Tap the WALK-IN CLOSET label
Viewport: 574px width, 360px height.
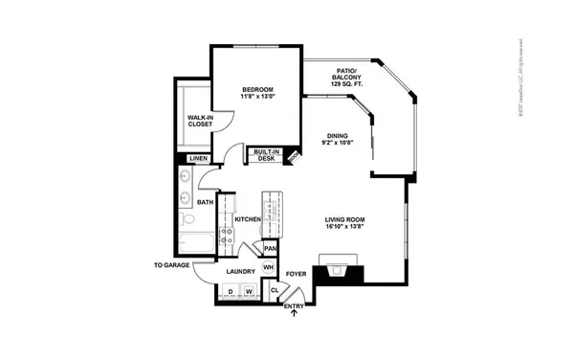(x=199, y=120)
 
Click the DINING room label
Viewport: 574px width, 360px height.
(x=336, y=135)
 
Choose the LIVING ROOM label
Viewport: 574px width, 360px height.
(x=345, y=219)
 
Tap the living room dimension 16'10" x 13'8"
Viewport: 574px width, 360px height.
(x=345, y=229)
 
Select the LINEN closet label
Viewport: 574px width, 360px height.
(x=198, y=158)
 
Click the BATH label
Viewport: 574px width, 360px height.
(x=205, y=202)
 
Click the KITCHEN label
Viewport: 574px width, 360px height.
(x=248, y=219)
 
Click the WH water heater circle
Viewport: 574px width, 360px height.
(x=270, y=267)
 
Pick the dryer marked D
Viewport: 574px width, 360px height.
(x=230, y=291)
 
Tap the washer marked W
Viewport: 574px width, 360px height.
(x=248, y=291)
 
